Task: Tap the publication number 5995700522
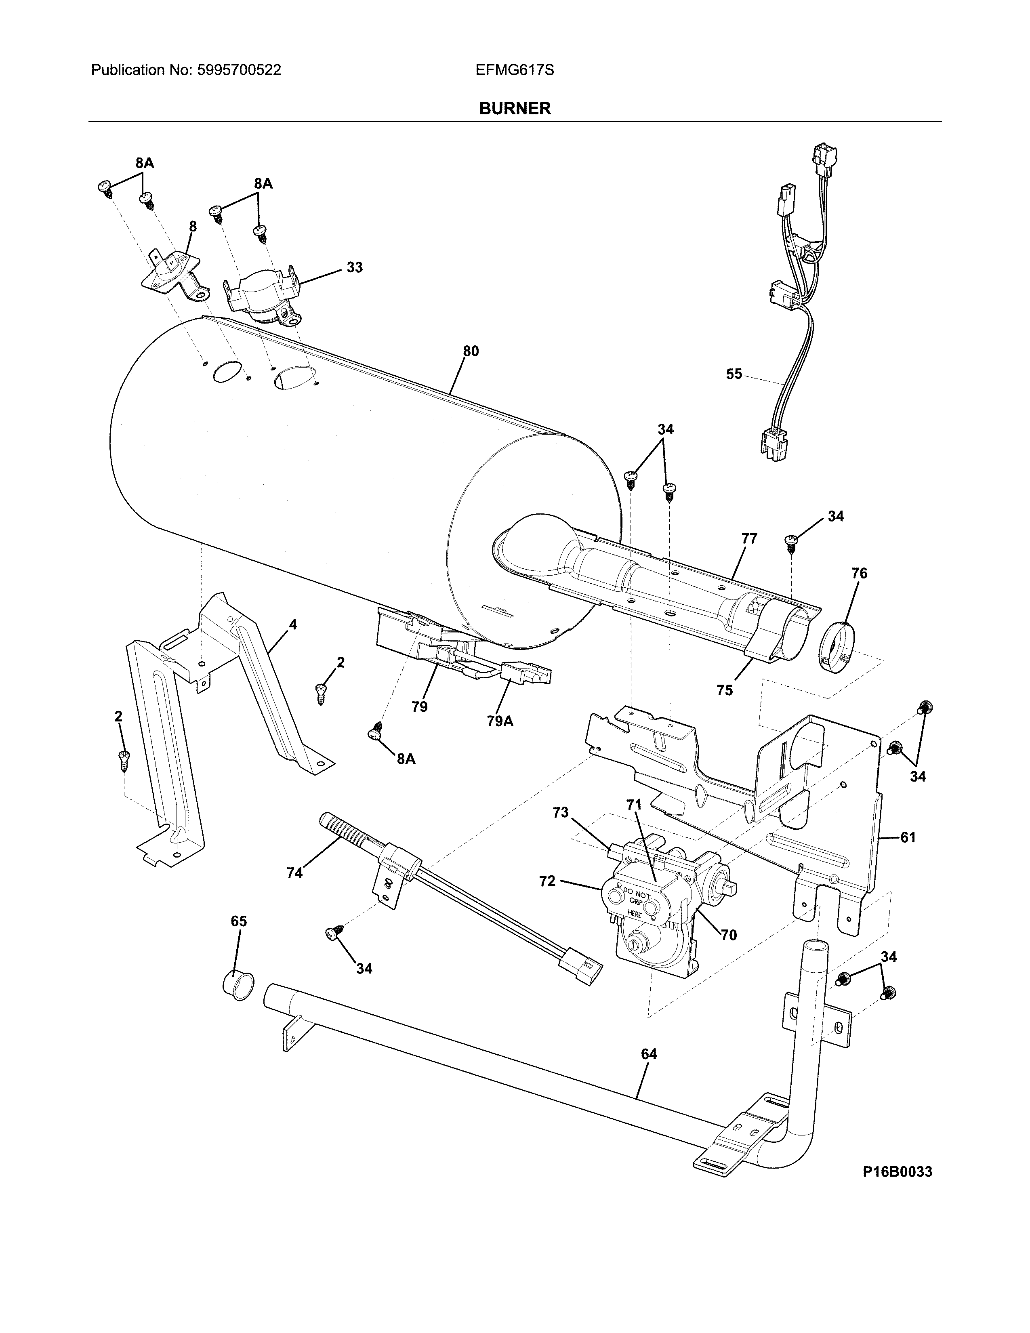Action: (239, 70)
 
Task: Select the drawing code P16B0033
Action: (897, 1172)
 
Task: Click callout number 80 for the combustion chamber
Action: (471, 351)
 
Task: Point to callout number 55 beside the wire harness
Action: (734, 374)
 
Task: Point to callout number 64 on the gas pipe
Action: (649, 1054)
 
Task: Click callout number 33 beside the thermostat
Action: (355, 267)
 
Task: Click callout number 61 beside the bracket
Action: (908, 837)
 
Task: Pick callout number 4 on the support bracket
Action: (293, 624)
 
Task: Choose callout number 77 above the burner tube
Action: (749, 538)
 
